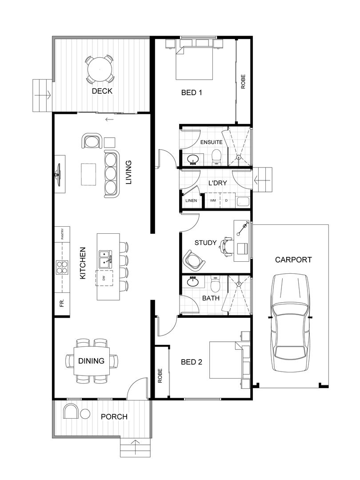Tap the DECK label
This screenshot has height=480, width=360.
102,91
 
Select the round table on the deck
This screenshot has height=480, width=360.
100,69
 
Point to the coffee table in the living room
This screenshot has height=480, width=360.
88,174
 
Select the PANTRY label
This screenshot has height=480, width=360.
62,234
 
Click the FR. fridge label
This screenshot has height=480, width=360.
62,304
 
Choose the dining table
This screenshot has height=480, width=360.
92,360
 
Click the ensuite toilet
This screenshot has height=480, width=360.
216,156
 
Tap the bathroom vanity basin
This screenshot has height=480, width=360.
193,282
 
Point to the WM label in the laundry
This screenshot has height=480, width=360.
213,200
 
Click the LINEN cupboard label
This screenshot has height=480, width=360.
191,200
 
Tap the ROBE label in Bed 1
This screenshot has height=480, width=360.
243,84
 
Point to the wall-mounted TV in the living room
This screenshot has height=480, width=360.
58,173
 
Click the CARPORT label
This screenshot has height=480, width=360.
293,260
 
